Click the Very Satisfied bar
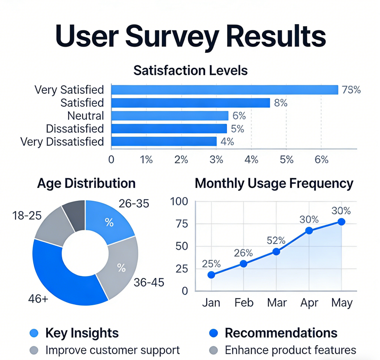pos(224,90)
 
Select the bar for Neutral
pos(170,116)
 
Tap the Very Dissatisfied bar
pos(163,142)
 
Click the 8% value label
pos(281,103)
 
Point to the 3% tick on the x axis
pos(216,160)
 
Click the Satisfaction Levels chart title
pos(190,70)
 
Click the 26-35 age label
pos(134,203)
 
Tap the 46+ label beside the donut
pos(38,299)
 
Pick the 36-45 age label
pos(149,282)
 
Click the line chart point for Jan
pos(211,275)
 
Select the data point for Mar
pos(276,252)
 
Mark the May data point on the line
pos(341,222)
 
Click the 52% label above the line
pos(276,240)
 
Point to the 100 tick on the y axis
pos(179,202)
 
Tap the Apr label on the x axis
pos(309,303)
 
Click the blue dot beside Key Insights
pos(34,333)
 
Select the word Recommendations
pos(281,333)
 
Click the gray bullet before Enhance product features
pos(213,350)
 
